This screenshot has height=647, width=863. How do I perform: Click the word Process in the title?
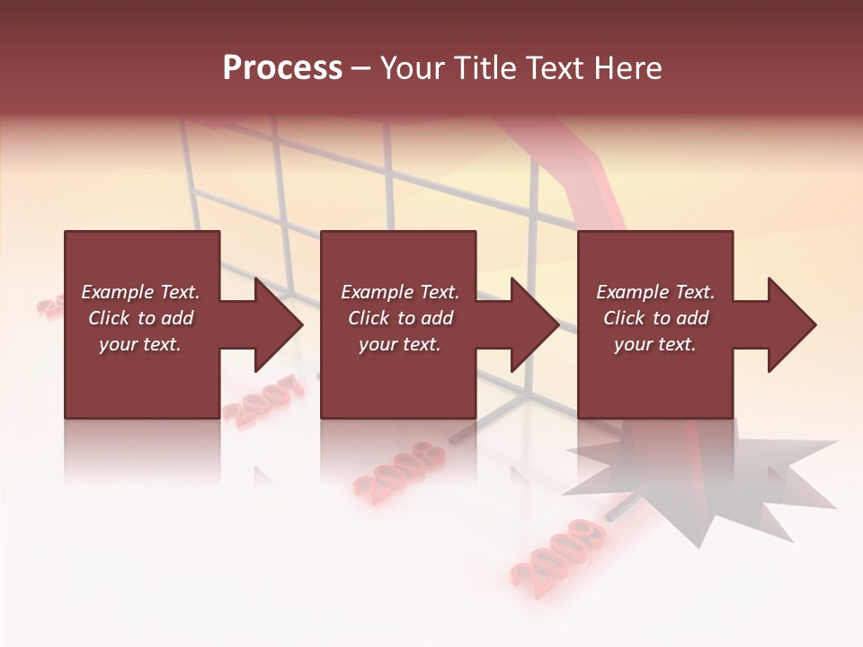282,68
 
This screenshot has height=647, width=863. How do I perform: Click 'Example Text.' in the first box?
140,292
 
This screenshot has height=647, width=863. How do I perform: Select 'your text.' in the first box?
140,344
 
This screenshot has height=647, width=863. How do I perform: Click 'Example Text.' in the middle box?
400,292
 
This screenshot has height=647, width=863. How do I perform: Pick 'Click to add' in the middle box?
400,318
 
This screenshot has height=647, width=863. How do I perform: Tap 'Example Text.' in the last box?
655,292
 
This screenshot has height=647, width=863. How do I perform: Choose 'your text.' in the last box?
655,344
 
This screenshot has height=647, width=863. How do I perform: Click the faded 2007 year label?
262,401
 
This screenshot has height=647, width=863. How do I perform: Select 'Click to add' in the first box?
140,318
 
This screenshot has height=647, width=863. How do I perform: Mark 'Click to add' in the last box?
655,318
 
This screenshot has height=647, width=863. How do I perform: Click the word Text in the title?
555,68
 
